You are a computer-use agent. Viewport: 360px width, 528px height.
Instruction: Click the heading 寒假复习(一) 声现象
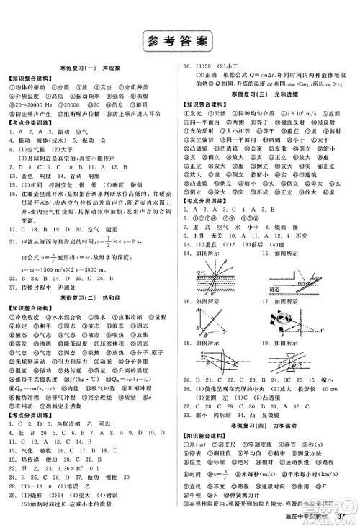90,66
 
